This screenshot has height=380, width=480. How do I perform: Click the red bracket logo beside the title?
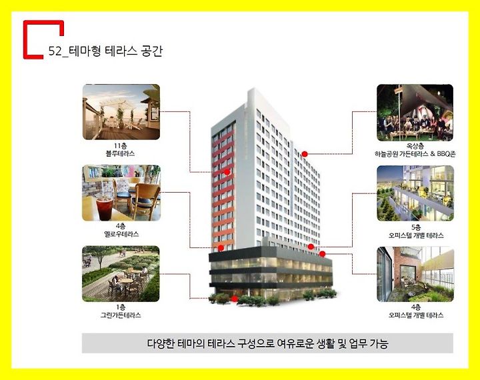(x=25, y=40)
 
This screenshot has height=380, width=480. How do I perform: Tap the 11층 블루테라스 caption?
(x=121, y=150)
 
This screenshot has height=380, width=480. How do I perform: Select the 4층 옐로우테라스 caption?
(x=121, y=230)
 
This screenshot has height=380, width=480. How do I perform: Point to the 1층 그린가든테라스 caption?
(x=121, y=311)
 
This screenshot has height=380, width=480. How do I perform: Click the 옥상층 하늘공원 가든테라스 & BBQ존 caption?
(x=415, y=150)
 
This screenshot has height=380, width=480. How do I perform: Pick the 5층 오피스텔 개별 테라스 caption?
(x=416, y=231)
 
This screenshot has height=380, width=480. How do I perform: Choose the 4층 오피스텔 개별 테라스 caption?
(x=416, y=311)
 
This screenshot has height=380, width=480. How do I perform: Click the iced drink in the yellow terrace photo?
(x=105, y=209)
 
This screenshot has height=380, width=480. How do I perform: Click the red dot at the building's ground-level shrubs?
(x=235, y=299)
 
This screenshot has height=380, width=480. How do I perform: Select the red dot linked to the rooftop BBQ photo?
(x=304, y=154)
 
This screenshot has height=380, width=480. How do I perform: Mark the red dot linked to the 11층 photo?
(x=227, y=172)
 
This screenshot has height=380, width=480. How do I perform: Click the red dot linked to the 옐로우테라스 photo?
(x=221, y=248)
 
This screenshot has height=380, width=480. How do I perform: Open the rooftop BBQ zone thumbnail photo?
(x=415, y=113)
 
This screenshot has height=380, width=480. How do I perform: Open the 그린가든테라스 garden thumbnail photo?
(x=121, y=274)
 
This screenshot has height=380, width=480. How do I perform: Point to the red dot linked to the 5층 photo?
(x=311, y=247)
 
